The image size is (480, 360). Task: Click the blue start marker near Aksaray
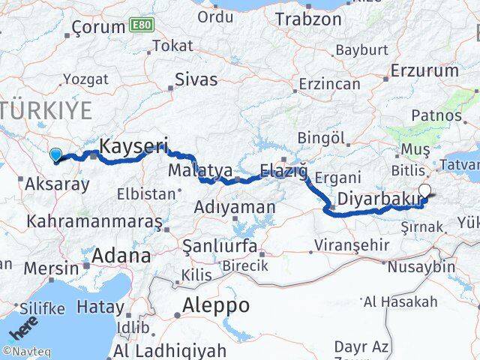click(55, 155)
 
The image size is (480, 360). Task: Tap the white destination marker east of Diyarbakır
click(425, 191)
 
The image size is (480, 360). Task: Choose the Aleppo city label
click(217, 305)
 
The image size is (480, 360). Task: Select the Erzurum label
click(424, 71)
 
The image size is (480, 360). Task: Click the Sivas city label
click(196, 79)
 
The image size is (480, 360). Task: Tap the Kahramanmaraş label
click(94, 222)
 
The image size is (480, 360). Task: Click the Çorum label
click(99, 28)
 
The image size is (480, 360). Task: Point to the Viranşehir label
click(352, 245)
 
